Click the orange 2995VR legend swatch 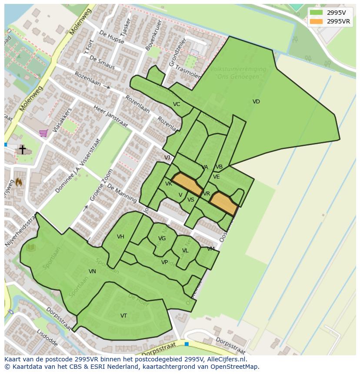point(317,21)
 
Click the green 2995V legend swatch point(317,13)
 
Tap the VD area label point(256,102)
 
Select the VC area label point(177,104)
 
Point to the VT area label point(124,316)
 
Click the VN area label point(92,271)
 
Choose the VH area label point(120,237)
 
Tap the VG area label point(162,238)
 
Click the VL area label point(185,251)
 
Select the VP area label point(164,262)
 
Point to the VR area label point(207,194)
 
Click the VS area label point(191,200)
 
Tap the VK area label point(169,184)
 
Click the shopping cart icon point(43,133)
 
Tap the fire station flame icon point(19,182)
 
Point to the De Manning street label point(122,193)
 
